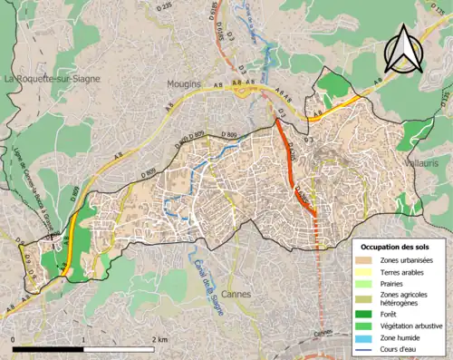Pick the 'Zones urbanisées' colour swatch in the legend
pyautogui.click(x=367, y=261)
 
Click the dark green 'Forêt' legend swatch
pyautogui.click(x=367, y=315)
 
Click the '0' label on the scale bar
pyautogui.click(x=14, y=339)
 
